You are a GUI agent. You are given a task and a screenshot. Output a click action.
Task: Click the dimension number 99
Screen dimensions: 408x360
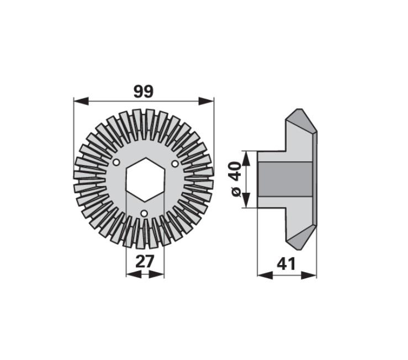point(144,92)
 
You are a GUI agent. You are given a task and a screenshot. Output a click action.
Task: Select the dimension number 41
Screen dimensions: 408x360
point(286,264)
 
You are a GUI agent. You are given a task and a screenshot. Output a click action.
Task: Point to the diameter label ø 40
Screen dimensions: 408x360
point(236,179)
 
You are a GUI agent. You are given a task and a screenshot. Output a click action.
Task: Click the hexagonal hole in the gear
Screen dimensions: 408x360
point(145,179)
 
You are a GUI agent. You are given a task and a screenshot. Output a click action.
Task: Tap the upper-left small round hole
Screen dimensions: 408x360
point(116,163)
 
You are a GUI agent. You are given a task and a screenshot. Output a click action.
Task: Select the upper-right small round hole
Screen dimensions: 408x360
point(175,163)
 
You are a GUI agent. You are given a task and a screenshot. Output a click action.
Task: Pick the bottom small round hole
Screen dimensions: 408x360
point(144,214)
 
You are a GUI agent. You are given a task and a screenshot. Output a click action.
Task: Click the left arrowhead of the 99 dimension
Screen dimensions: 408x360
point(81,101)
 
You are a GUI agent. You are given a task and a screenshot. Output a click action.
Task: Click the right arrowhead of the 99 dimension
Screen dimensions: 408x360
point(206,101)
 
